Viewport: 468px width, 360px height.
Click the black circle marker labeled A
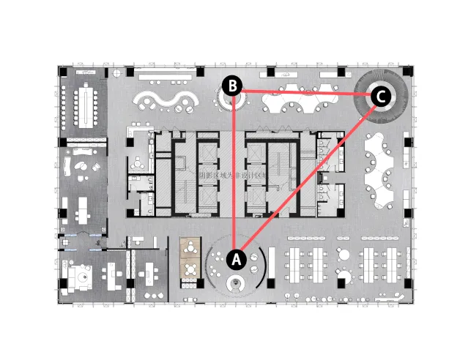click(x=236, y=258)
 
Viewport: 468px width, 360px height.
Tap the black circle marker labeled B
click(x=232, y=86)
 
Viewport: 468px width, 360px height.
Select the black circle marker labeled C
click(x=379, y=96)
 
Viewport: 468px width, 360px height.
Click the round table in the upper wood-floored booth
click(x=191, y=248)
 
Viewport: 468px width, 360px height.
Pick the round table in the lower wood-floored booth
click(x=191, y=270)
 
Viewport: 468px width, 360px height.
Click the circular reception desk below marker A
click(x=236, y=284)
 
